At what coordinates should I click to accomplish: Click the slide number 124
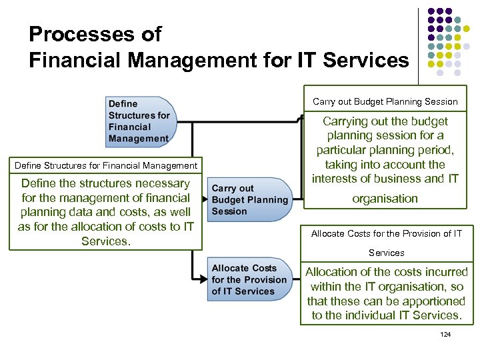point(445,334)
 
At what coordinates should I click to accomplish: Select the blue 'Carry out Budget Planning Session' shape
point(248,200)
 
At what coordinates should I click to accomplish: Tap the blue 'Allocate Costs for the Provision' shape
point(248,279)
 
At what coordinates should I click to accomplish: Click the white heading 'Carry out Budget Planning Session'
point(385,102)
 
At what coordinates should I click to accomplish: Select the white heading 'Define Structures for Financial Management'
point(105,165)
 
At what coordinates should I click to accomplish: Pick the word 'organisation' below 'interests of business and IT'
point(385,199)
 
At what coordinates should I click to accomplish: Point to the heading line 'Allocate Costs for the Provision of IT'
point(385,233)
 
